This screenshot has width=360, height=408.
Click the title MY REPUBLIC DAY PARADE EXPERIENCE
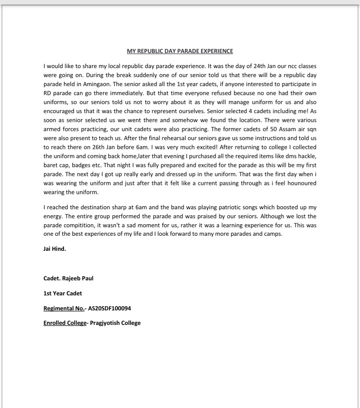180,51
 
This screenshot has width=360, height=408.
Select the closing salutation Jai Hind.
54,249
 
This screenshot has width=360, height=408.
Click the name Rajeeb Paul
77,278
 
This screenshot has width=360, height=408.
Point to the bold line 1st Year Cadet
62,293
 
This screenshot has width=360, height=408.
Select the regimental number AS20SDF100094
109,308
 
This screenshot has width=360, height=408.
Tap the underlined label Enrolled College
65,323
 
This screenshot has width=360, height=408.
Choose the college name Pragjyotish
105,323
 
